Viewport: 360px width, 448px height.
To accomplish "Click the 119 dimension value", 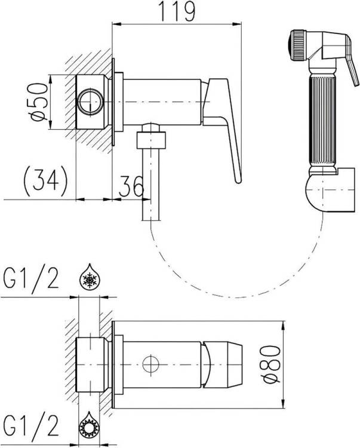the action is [177, 11].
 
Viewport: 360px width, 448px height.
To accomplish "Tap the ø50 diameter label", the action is [39, 102].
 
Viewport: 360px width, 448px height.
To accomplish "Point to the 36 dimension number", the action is [131, 186].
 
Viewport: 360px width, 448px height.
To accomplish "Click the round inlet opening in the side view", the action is [91, 102].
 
